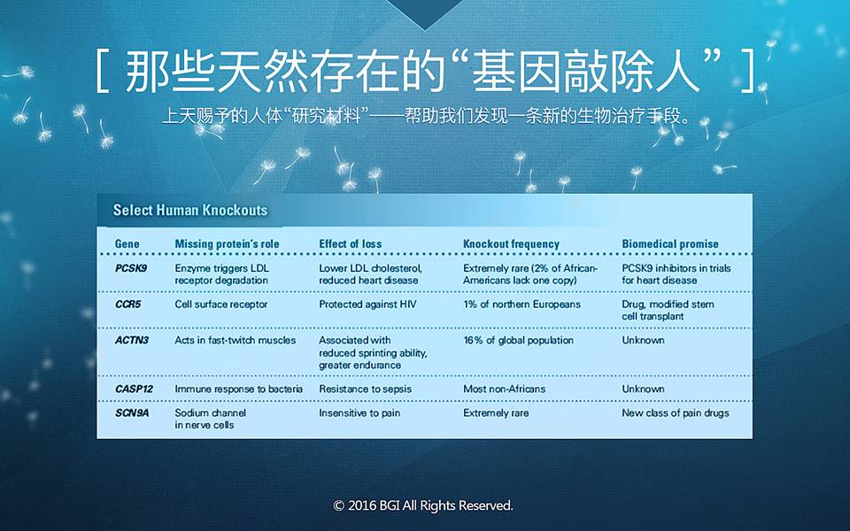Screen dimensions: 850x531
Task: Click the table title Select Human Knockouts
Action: point(190,211)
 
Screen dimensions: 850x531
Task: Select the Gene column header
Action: point(127,244)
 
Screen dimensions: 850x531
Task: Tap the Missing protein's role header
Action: point(228,244)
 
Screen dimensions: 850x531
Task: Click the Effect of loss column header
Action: point(351,244)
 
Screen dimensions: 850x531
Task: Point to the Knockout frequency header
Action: point(511,244)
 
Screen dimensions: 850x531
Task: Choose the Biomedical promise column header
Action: point(670,244)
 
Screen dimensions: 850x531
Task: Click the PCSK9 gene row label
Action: point(131,268)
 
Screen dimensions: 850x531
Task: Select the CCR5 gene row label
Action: point(127,304)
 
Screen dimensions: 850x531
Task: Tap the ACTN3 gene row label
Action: point(131,340)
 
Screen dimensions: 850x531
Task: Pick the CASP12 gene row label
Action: point(134,389)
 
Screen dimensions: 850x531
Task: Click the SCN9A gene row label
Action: point(132,413)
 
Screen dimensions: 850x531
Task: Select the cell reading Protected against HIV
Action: point(367,304)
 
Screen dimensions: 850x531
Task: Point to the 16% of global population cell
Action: point(518,340)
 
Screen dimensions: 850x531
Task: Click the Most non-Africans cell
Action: point(504,389)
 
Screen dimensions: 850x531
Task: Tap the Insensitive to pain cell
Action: point(359,413)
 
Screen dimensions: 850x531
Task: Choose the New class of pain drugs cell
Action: point(676,413)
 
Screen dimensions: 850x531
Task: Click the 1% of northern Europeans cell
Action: point(522,304)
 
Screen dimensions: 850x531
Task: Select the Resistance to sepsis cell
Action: point(365,389)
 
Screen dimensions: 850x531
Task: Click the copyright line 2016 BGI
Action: point(423,505)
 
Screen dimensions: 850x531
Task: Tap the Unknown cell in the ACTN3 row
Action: point(643,340)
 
